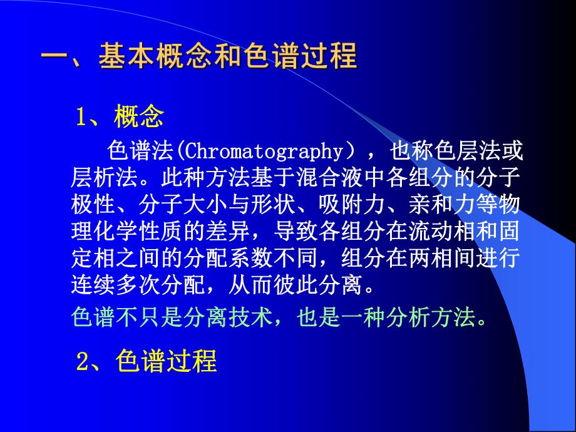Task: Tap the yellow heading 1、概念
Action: tap(120, 116)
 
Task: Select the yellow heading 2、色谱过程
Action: tap(147, 362)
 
